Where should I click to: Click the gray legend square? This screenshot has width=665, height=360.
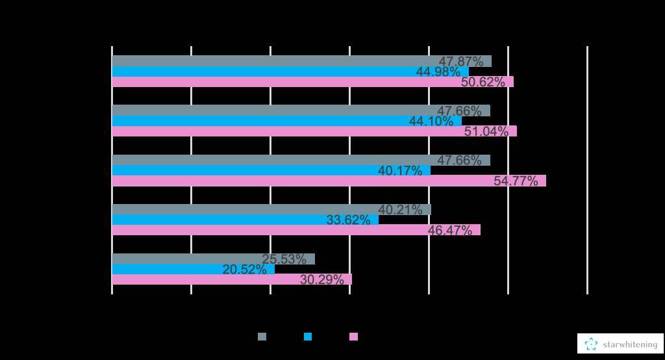pyautogui.click(x=262, y=337)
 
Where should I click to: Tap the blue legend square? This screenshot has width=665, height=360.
pyautogui.click(x=308, y=337)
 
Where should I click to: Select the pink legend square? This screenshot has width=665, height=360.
pyautogui.click(x=354, y=337)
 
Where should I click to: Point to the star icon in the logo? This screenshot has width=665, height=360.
pyautogui.click(x=591, y=344)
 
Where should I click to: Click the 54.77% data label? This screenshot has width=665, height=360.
pyautogui.click(x=516, y=181)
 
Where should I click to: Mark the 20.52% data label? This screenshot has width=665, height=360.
pyautogui.click(x=244, y=270)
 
